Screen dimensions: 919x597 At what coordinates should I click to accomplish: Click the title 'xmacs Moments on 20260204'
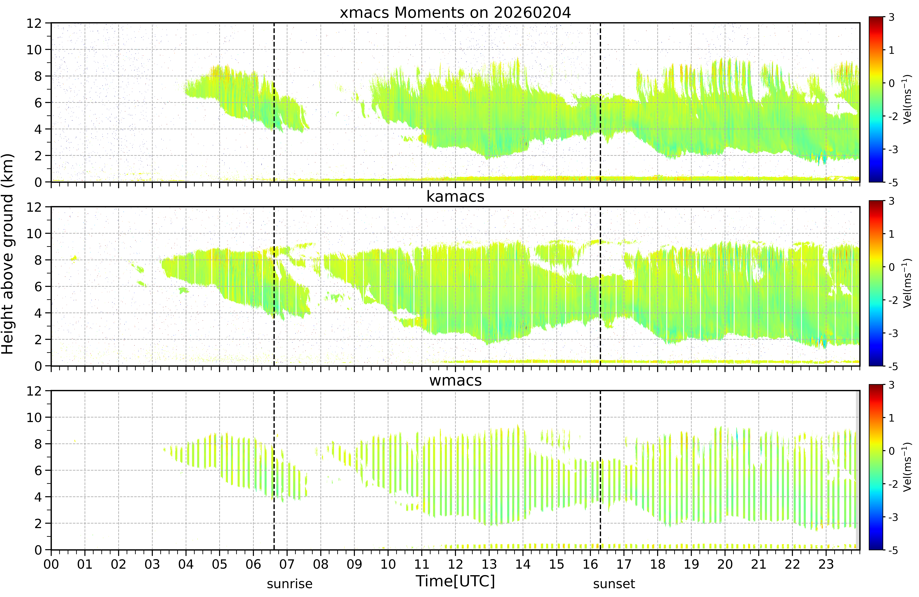[455, 13]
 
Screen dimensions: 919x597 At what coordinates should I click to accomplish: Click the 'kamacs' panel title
[455, 197]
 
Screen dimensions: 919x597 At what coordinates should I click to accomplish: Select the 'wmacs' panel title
[455, 381]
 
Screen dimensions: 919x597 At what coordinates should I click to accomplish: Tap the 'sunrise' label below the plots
[290, 584]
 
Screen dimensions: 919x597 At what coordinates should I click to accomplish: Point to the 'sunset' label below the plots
[614, 584]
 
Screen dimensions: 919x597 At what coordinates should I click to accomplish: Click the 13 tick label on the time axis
[489, 565]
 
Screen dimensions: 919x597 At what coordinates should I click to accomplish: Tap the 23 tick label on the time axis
[826, 565]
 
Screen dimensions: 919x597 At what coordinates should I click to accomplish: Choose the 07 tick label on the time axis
[287, 565]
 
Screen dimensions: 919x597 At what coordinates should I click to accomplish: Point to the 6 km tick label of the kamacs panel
[38, 287]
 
